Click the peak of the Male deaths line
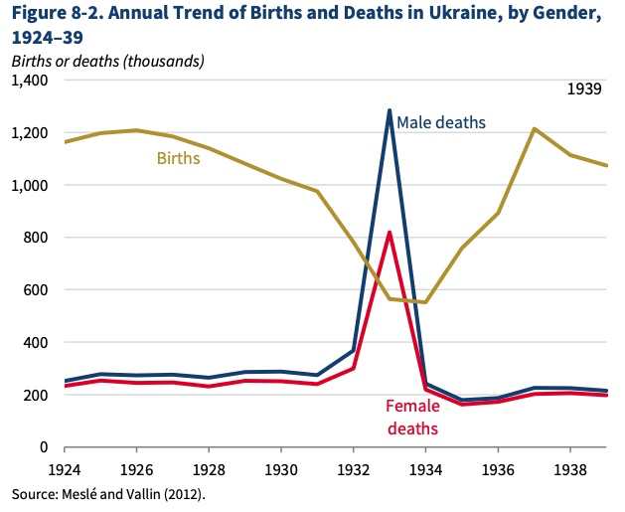(390, 110)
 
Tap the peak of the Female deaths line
(390, 233)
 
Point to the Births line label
(178, 157)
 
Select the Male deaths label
(441, 122)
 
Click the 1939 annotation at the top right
(585, 89)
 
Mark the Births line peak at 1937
(535, 128)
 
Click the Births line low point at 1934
(425, 302)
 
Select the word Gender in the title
(579, 15)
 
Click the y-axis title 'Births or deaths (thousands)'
(107, 61)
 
